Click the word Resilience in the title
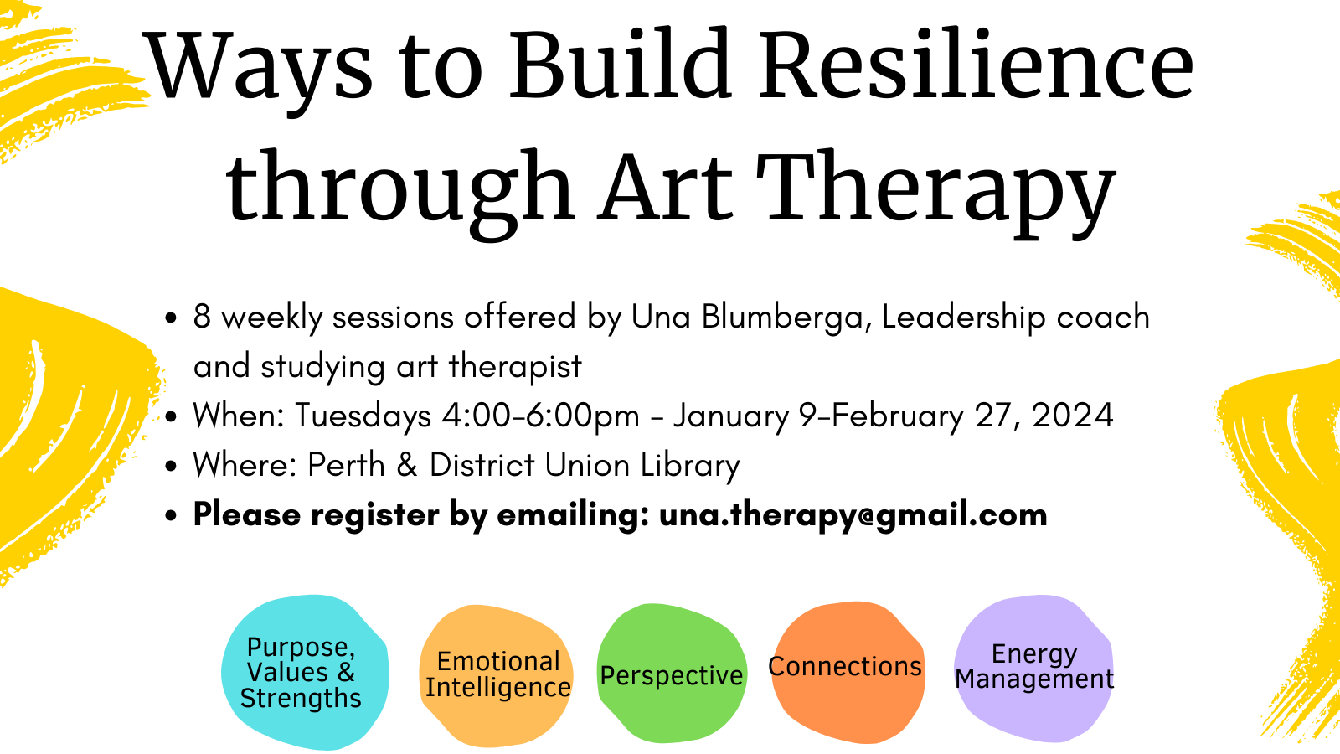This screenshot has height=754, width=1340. [977, 64]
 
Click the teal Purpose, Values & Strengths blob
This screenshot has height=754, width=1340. [305, 672]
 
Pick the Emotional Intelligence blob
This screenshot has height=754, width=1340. [496, 675]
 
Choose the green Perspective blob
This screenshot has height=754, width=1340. [672, 674]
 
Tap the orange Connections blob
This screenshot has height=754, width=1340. [847, 671]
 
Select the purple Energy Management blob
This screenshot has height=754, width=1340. [1033, 668]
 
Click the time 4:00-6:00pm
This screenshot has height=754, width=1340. [541, 416]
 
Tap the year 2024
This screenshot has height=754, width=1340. [1072, 416]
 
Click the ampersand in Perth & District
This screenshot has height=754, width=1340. [407, 465]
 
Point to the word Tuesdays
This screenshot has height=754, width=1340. [363, 416]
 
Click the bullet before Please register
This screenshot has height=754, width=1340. [171, 515]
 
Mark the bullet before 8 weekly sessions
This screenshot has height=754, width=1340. [171, 318]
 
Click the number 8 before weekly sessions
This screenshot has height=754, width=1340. [202, 317]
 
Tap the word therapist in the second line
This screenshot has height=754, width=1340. [515, 366]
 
